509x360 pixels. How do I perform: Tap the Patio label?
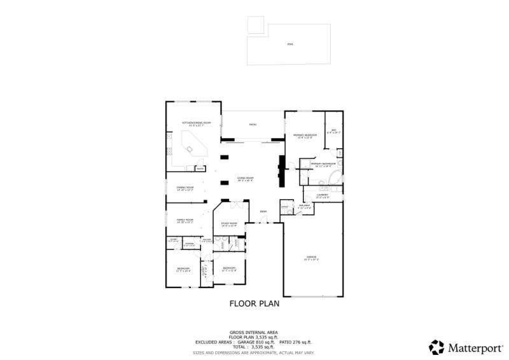pyautogui.click(x=253, y=125)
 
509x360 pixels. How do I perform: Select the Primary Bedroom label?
pyautogui.click(x=305, y=136)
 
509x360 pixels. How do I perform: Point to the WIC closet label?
pyautogui.click(x=334, y=132)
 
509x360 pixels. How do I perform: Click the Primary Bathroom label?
pyautogui.click(x=323, y=165)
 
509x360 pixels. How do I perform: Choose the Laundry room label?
pyautogui.click(x=323, y=196)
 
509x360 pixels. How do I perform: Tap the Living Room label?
pyautogui.click(x=245, y=179)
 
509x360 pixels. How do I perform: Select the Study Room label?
pyautogui.click(x=229, y=224)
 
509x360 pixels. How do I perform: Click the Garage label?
pyautogui.click(x=311, y=258)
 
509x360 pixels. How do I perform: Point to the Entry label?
pyautogui.click(x=263, y=212)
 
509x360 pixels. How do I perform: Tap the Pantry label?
pyautogui.click(x=200, y=169)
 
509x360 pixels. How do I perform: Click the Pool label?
pyautogui.click(x=290, y=44)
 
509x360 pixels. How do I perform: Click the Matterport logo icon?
pyautogui.click(x=436, y=347)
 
